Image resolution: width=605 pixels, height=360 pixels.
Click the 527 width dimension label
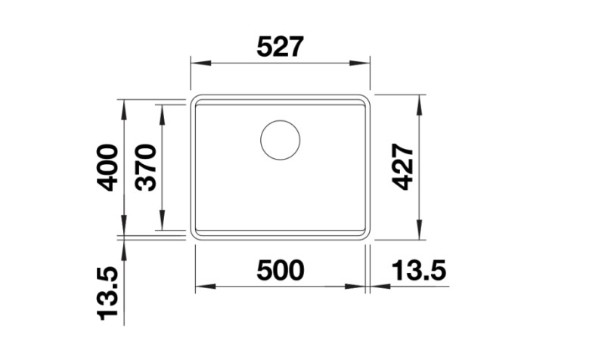280,48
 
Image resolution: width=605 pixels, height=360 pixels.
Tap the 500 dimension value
280,270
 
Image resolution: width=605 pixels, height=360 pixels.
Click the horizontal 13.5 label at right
419,270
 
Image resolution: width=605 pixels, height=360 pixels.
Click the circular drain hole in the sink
280,140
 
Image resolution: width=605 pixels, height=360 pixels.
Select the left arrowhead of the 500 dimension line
201,287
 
